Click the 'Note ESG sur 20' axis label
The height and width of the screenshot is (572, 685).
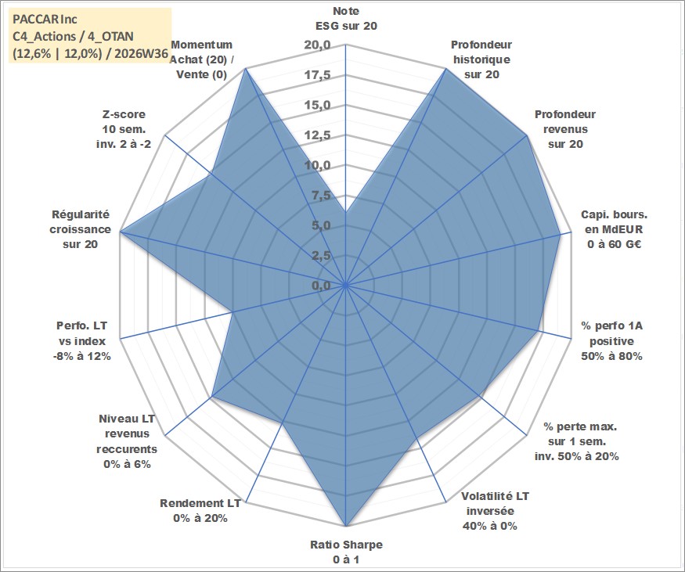(x=346, y=18)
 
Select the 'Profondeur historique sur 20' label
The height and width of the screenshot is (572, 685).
(x=481, y=59)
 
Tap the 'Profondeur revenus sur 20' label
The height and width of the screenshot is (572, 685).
(x=565, y=129)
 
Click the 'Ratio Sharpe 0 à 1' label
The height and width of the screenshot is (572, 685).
(x=346, y=552)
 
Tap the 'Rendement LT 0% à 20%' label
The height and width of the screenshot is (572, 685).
(x=200, y=510)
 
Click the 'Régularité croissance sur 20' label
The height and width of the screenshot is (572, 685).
(x=80, y=229)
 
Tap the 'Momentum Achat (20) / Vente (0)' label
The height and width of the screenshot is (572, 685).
(x=201, y=59)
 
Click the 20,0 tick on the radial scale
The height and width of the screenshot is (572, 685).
(x=318, y=45)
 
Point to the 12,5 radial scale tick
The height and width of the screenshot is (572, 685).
(x=318, y=135)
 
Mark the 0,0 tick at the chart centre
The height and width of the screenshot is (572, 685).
(x=321, y=286)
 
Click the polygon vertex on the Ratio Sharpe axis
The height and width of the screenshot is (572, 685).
(x=346, y=526)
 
